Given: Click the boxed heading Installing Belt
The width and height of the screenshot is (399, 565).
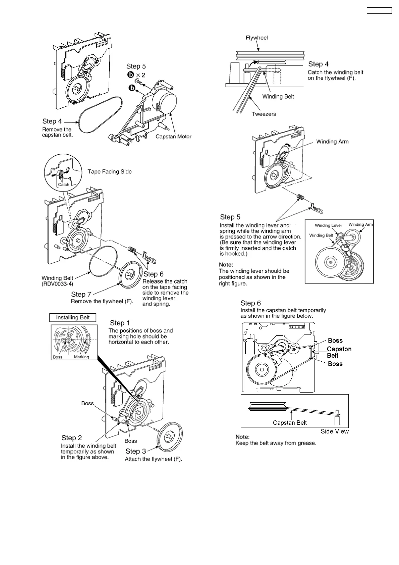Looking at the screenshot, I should click(x=72, y=317).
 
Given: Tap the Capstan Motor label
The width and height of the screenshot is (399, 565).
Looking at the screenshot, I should click(x=173, y=137).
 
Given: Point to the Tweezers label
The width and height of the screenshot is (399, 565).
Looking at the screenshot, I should click(x=264, y=114).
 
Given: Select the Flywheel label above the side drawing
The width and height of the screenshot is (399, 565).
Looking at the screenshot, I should click(x=256, y=38).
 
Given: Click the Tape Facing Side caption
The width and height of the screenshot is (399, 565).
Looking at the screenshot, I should click(x=109, y=171).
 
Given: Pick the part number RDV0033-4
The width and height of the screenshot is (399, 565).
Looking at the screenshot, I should click(x=57, y=284).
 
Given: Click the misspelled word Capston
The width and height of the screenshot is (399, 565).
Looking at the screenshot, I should click(x=339, y=349).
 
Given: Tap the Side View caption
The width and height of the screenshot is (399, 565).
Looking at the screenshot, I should click(x=334, y=431).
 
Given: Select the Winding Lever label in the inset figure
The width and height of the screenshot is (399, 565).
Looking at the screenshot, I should click(x=328, y=225).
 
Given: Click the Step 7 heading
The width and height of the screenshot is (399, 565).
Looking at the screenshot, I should click(x=81, y=294).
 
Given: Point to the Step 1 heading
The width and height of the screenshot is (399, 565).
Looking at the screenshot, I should click(x=120, y=323).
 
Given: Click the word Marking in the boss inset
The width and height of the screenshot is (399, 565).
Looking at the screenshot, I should click(x=81, y=357).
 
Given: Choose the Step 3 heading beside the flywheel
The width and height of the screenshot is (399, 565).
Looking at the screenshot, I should click(x=135, y=451).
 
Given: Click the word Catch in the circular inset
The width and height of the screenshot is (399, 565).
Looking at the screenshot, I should click(x=63, y=185).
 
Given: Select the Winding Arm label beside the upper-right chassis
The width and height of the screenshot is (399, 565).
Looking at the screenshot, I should click(x=332, y=142).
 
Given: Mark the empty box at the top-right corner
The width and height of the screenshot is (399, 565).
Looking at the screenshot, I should click(x=379, y=10).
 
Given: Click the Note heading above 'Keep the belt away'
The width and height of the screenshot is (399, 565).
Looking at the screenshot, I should click(x=242, y=437).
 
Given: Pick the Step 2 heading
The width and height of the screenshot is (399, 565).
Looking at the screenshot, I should click(x=71, y=438).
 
